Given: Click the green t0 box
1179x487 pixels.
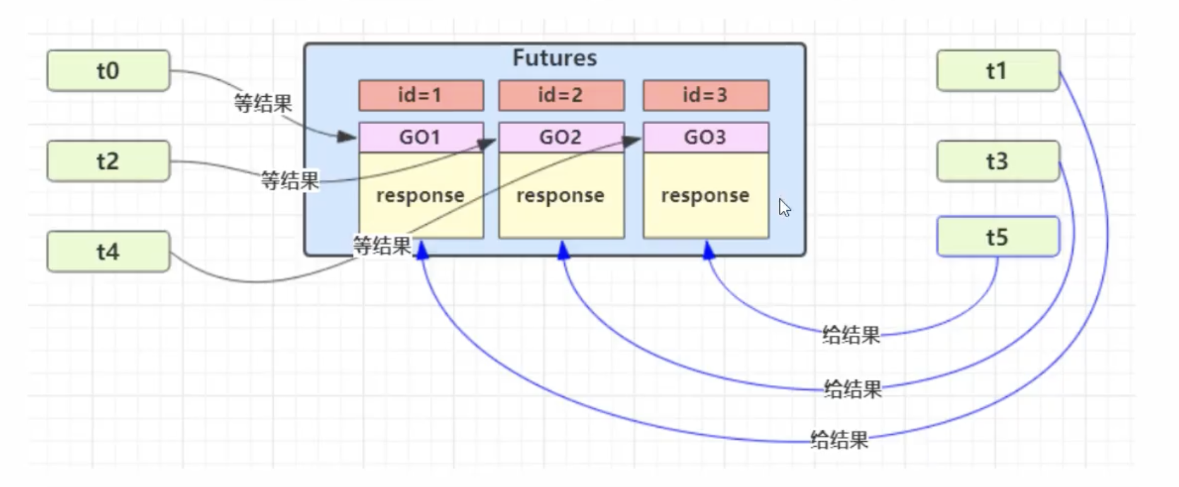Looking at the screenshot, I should pos(108,70).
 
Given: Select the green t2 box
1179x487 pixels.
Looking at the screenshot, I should pos(108,161).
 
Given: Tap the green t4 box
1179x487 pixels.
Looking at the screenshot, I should pos(108,252).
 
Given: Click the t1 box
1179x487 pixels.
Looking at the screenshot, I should pos(997,70).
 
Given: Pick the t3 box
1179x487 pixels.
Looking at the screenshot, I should pos(997,161).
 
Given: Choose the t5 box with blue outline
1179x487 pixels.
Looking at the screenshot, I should pos(997,237).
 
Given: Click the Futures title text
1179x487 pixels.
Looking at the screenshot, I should pos(554,58).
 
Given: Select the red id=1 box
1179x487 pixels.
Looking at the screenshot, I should pos(421,95).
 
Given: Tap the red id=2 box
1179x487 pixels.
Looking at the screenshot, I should pos(561,95).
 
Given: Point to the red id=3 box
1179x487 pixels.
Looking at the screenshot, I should pos(705,95).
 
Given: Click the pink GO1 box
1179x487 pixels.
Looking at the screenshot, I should pos(421,137).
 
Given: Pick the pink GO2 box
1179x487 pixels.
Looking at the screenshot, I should pos(561,137).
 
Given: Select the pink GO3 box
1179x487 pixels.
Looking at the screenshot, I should pos(705,137).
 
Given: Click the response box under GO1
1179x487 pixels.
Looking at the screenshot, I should pos(421,195).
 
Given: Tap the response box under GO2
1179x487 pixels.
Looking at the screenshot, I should pos(561,195).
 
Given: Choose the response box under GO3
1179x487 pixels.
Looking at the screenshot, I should pos(705,195).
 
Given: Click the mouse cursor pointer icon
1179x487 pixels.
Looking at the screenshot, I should pos(784,208).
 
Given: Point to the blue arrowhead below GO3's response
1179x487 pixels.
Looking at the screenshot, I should pos(709,250).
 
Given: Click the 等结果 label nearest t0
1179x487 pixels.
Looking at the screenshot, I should pos(263,103).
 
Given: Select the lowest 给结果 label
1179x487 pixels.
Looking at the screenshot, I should pos(839,439).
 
